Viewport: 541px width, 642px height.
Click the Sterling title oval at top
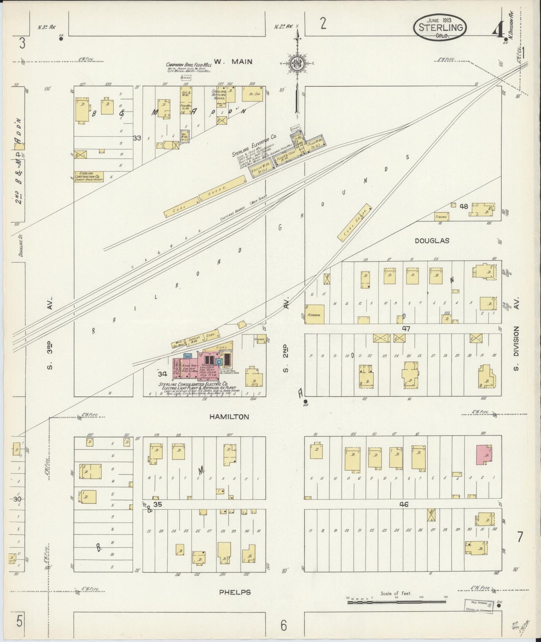tap(440, 28)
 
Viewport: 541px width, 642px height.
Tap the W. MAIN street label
tap(233, 61)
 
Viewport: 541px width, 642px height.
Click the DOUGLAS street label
tap(432, 241)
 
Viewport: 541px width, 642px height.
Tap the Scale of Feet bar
tap(396, 602)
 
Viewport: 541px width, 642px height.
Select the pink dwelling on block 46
tap(484, 455)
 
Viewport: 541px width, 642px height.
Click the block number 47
tap(406, 329)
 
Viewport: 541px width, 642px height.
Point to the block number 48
tap(464, 206)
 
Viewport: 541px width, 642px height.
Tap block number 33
tap(137, 138)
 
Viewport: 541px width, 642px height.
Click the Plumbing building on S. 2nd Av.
tap(314, 314)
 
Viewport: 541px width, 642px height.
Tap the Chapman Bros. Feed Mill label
tap(189, 65)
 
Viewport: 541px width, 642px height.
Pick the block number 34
tap(162, 374)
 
